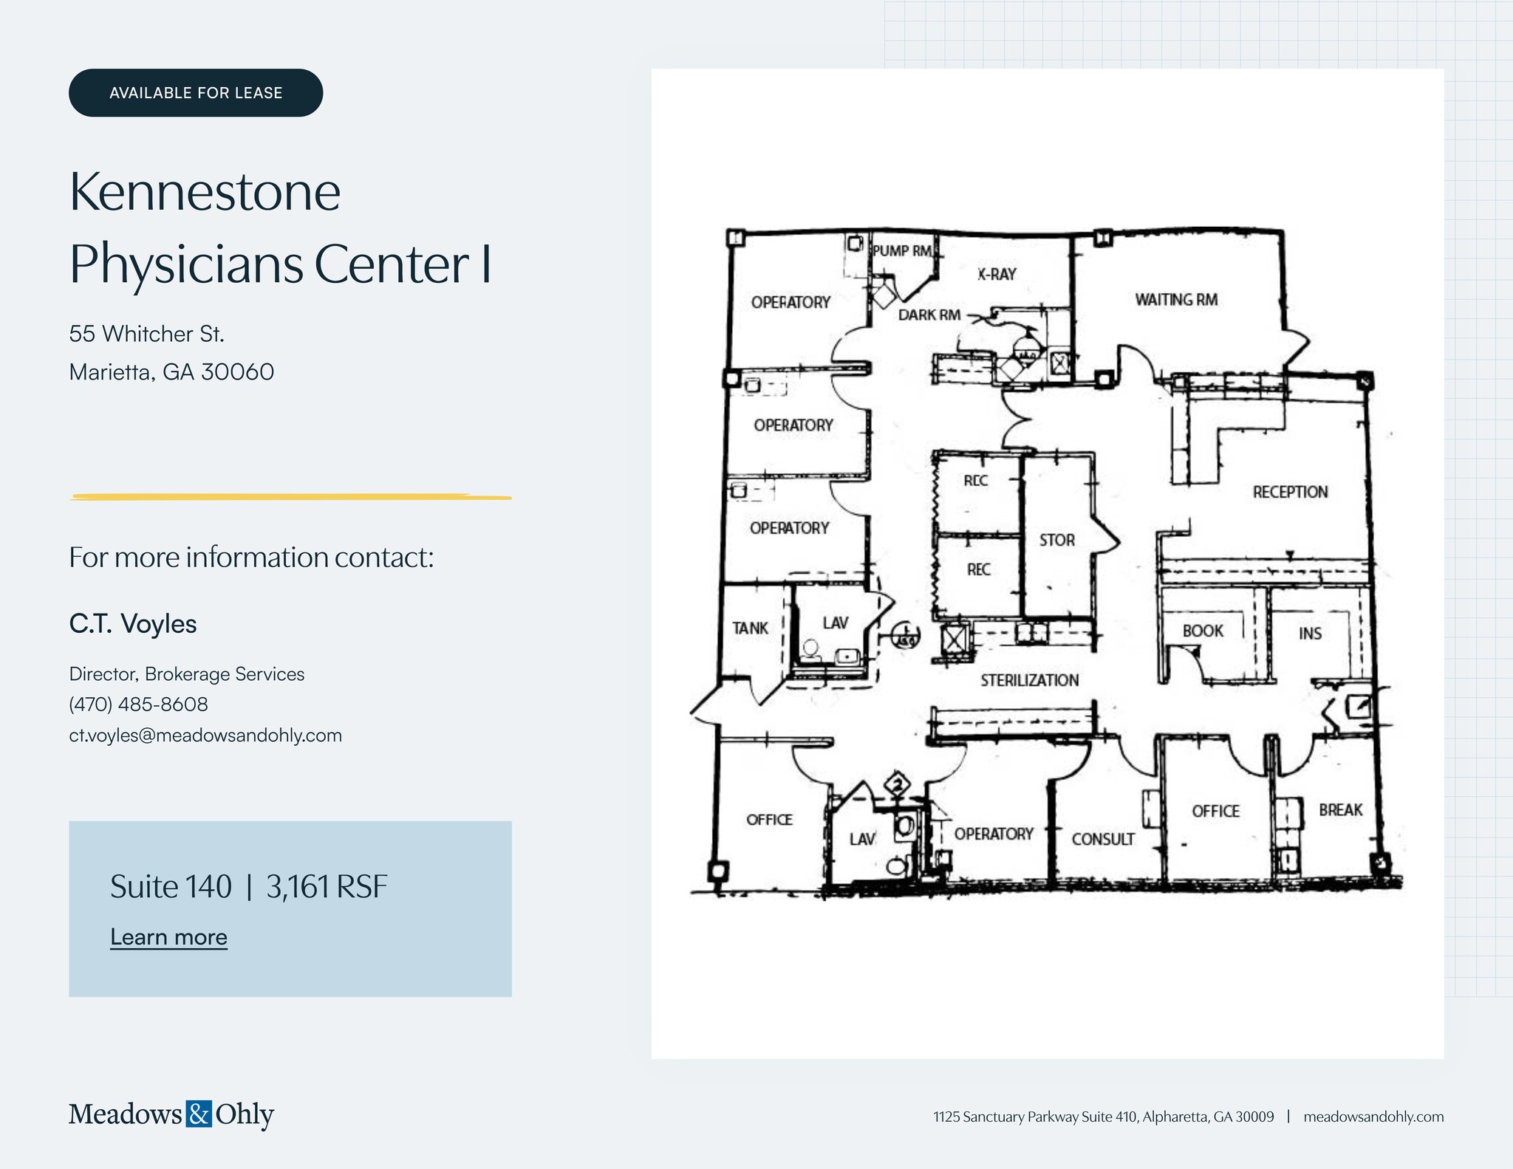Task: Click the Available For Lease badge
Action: (196, 93)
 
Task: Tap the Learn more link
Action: (168, 937)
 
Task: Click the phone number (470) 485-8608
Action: (138, 705)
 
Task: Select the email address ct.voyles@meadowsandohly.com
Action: (205, 736)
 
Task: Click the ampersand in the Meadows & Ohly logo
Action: (199, 1114)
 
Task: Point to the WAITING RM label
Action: (1176, 300)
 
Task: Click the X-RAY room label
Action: (997, 274)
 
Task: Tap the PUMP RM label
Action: (902, 251)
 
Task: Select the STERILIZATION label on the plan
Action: (1029, 680)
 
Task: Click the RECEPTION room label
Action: (1290, 492)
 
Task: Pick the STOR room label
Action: (1056, 541)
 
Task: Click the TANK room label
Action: (750, 628)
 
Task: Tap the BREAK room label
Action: (1340, 810)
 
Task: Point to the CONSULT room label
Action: (1103, 839)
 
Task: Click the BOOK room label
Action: (1203, 631)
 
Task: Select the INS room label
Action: (1310, 634)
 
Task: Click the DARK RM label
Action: (929, 315)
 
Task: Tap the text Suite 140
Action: (171, 887)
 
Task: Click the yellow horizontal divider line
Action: (290, 498)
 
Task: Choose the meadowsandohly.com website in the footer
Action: (1373, 1117)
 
